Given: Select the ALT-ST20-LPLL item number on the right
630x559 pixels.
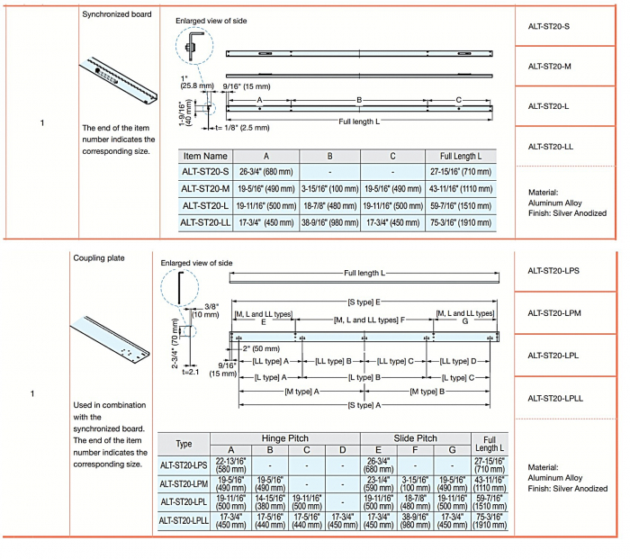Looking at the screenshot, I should tap(555, 398).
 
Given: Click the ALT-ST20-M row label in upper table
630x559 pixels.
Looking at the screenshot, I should tap(204, 189).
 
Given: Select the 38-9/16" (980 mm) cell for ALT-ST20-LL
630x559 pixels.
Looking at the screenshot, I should tap(329, 222).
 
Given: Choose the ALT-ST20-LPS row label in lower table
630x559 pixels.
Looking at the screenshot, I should tap(184, 465).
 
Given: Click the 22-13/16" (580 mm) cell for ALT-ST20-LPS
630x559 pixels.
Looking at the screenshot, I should tap(230, 465).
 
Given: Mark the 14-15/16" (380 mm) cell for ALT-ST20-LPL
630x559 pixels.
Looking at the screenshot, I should tap(269, 502).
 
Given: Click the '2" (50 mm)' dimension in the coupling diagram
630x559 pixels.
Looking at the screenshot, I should tap(261, 347).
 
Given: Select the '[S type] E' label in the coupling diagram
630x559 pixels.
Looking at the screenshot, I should tap(364, 302).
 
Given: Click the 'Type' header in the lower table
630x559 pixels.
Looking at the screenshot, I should tap(184, 444).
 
